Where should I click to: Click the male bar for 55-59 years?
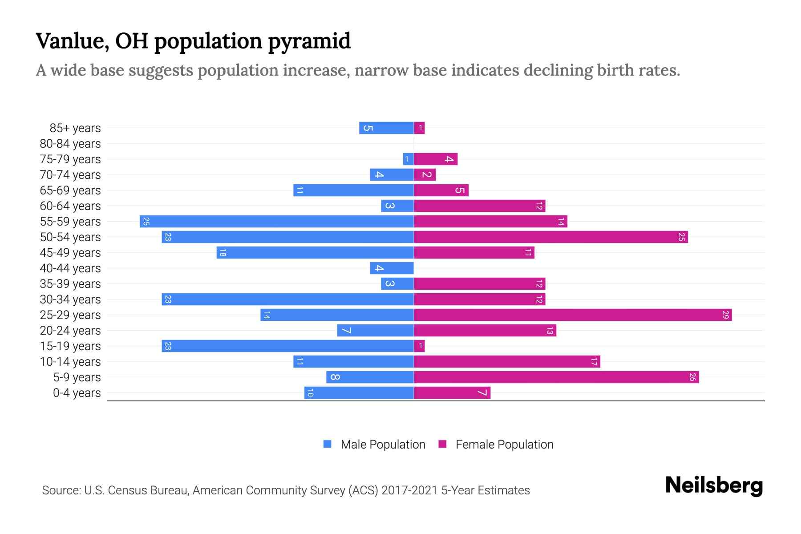277,221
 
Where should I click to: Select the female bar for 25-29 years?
573,315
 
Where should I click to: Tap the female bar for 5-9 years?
556,377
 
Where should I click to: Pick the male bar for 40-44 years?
392,268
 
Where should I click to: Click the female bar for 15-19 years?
419,346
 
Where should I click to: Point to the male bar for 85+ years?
386,128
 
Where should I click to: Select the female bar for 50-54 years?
551,237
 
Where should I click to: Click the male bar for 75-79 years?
408,159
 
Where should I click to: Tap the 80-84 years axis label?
70,144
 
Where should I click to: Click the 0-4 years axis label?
77,393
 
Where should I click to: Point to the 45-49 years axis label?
70,253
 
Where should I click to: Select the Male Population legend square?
328,444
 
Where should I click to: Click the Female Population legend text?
504,444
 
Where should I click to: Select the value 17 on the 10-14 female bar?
594,361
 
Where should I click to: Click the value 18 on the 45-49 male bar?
222,252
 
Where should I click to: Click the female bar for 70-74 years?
425,174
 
